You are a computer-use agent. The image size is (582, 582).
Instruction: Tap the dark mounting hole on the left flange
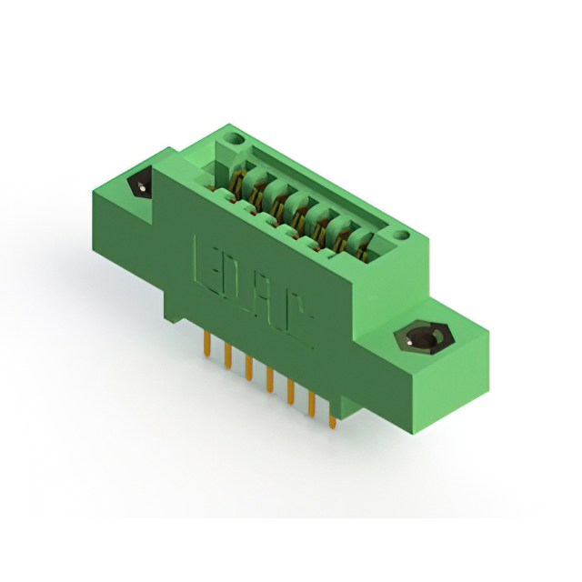coord(141,186)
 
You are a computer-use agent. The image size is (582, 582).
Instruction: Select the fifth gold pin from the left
coord(291,392)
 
